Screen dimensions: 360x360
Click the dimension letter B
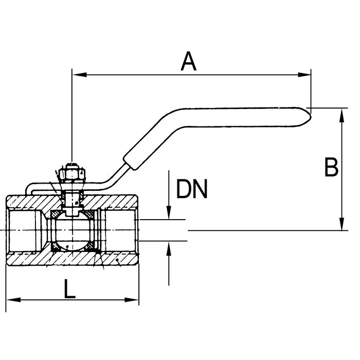(x=331, y=167)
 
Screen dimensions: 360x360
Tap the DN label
(x=191, y=189)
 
